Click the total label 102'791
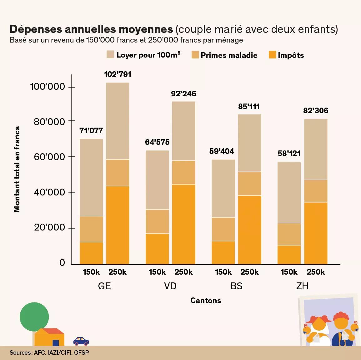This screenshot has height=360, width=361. click(118, 74)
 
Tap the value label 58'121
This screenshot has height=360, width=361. click(289, 154)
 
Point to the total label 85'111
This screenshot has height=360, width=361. click(249, 107)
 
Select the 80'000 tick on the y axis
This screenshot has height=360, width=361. click(49, 121)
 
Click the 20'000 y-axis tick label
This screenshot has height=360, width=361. click(49, 227)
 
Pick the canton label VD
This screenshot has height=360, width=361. click(170, 286)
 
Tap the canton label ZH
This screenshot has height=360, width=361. click(302, 286)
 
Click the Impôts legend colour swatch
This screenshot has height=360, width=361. click(272, 55)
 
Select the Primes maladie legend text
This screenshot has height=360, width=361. click(229, 55)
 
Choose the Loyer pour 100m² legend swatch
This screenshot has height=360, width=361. click(110, 54)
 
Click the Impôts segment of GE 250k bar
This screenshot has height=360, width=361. click(118, 225)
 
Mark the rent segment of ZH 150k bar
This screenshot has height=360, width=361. click(289, 192)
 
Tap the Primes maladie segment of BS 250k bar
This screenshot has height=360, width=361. click(249, 184)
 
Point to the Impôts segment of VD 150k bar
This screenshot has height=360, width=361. click(157, 249)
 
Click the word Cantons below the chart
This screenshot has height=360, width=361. click(206, 301)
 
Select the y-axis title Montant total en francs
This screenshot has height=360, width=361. click(17, 169)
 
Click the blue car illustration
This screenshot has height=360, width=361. click(81, 341)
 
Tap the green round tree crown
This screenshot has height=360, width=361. click(34, 317)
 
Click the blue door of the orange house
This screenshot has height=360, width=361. click(56, 343)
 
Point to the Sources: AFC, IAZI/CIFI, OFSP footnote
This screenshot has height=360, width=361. click(49, 353)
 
